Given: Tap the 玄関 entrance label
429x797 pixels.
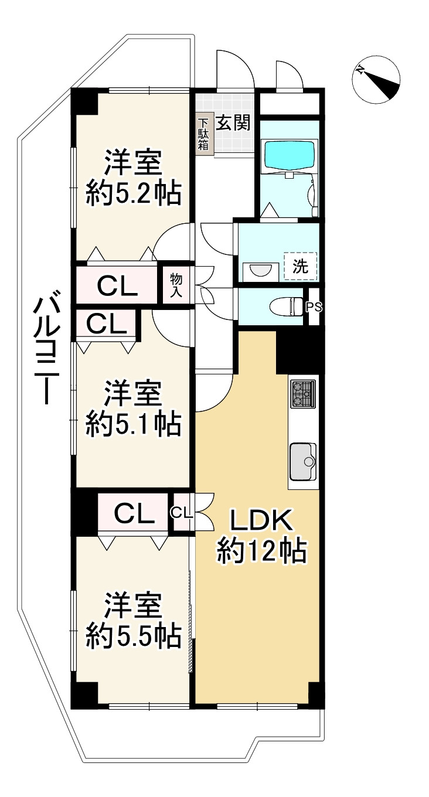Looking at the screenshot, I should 233,122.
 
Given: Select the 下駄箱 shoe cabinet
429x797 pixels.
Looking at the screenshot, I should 203,134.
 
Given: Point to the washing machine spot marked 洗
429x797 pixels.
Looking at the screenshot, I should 300,267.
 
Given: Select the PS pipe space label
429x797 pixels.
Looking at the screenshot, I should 314,306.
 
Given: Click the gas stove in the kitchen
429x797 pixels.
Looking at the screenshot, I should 303,394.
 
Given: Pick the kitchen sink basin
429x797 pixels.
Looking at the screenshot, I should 303,461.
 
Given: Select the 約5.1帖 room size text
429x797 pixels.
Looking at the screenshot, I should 133,424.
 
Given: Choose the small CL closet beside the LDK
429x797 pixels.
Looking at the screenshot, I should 182,512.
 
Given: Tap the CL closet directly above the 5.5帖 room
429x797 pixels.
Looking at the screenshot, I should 134,513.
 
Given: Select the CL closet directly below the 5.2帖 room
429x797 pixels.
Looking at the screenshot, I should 117,285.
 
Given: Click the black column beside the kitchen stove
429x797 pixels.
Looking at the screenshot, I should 299,351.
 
